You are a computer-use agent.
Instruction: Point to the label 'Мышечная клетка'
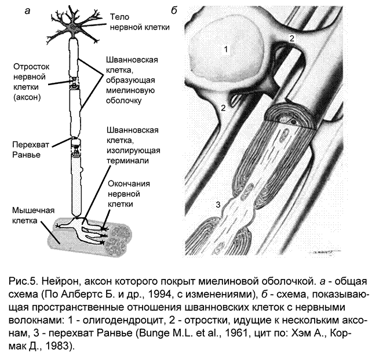(32, 215)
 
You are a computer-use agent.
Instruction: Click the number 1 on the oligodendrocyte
(226, 49)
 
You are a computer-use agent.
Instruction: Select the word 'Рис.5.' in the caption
(25, 282)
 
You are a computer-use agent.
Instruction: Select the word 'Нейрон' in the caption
(64, 282)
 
